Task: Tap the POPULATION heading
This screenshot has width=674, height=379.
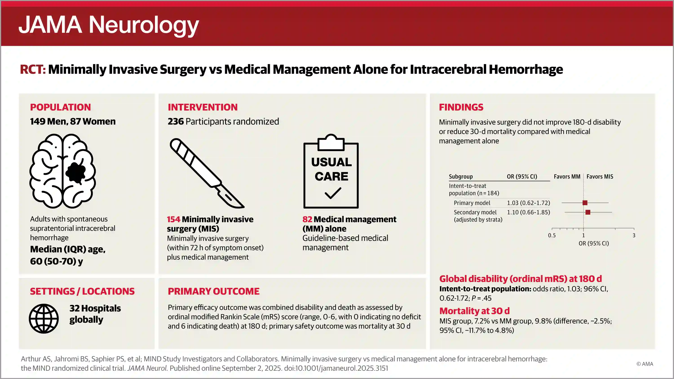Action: (60, 107)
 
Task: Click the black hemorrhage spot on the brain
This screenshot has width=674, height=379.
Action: (76, 172)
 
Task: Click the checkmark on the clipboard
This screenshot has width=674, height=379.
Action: (333, 193)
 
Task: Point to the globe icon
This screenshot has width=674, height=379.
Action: (44, 318)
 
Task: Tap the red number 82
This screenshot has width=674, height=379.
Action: (307, 219)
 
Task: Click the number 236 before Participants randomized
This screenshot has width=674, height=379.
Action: (176, 122)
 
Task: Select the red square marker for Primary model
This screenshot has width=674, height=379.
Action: (585, 203)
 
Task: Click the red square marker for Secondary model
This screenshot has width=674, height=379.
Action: (588, 212)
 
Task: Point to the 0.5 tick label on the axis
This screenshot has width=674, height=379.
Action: (552, 235)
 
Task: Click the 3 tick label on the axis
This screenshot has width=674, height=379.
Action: (634, 235)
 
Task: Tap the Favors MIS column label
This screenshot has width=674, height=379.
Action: (600, 176)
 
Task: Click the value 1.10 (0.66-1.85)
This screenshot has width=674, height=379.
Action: (528, 212)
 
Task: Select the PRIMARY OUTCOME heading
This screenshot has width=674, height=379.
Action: (214, 291)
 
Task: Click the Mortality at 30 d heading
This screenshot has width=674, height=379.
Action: (474, 311)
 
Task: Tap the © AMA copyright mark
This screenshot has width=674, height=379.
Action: (645, 364)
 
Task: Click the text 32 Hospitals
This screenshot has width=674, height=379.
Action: (95, 308)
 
